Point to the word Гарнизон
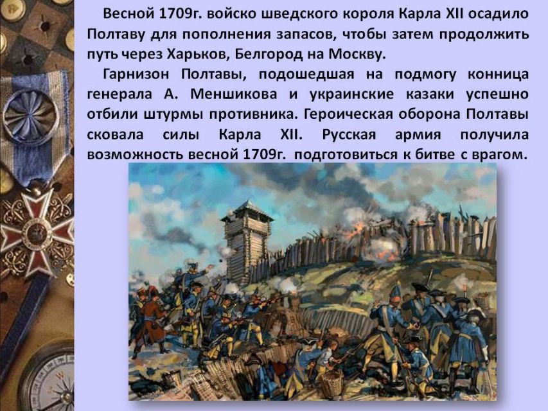136,74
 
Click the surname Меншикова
234,94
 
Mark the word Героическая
348,115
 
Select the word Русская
349,135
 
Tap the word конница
498,74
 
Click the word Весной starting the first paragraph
129,14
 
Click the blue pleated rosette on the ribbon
31,115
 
